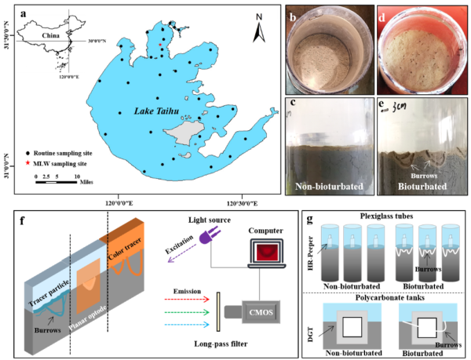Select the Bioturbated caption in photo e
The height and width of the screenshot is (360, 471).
(x=420, y=187)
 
